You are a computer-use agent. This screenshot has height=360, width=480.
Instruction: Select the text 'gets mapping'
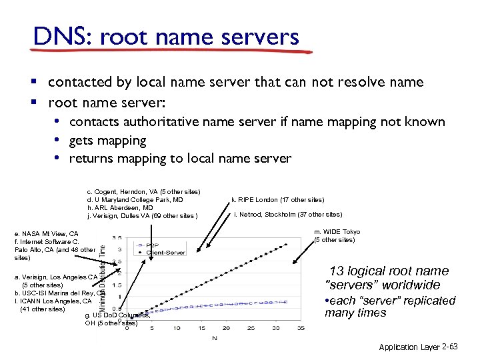107,141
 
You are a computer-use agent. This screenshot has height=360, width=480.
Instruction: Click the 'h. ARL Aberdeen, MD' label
117,208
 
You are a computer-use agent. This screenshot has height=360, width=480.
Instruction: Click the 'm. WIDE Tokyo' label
337,232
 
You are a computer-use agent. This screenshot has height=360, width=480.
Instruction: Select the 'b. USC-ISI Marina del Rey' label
59,293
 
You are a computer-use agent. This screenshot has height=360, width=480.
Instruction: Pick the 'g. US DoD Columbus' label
117,315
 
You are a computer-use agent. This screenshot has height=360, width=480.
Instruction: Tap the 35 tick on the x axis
301,328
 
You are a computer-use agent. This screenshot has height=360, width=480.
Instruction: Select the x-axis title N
214,338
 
